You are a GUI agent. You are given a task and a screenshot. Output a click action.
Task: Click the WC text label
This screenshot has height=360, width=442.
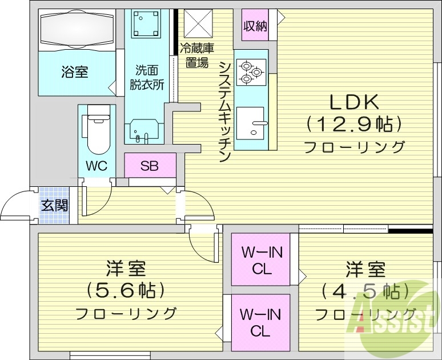(97, 167)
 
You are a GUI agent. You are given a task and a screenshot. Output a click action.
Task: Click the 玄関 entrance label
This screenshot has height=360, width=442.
(54, 205)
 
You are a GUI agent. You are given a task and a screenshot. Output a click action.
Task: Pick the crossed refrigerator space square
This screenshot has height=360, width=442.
(198, 25)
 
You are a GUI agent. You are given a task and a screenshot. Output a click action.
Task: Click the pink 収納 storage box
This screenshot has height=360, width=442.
(255, 26)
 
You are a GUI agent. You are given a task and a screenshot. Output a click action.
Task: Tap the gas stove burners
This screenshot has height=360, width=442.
(250, 72)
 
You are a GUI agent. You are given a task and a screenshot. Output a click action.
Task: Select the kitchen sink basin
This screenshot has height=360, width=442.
(251, 122)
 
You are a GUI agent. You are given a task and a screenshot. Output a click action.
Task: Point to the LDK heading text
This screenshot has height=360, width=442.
(353, 103)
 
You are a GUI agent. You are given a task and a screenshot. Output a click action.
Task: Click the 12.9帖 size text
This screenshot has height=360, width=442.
(354, 123)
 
